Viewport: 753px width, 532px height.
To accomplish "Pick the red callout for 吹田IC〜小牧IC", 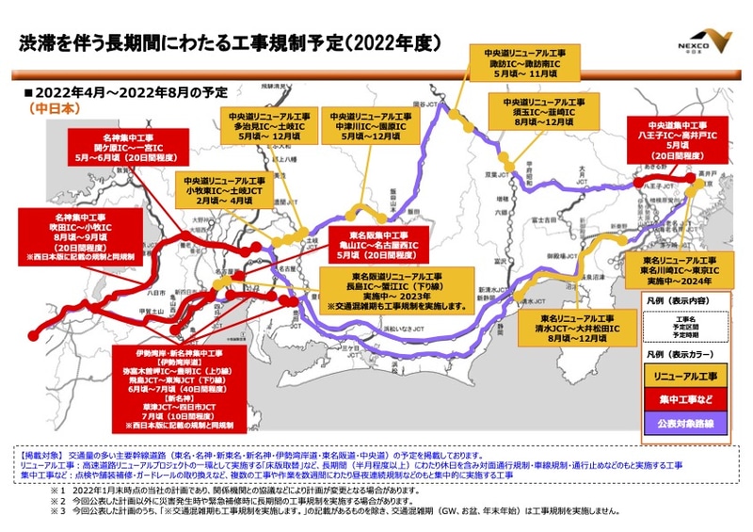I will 79,237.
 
